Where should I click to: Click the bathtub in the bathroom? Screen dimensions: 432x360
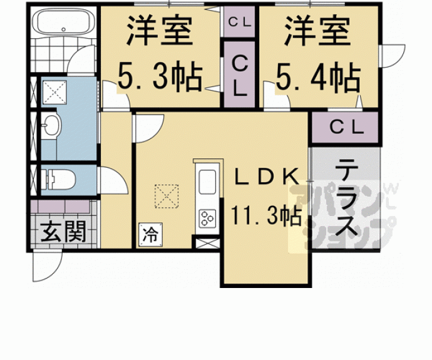pos(64,22)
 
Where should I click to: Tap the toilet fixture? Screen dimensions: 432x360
pos(59,180)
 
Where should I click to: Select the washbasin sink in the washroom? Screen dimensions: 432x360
pos(51,125)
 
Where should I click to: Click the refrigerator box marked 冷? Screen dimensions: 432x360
pos(150,235)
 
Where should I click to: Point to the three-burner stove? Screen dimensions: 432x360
pos(207,217)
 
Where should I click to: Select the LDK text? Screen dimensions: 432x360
pos(267,177)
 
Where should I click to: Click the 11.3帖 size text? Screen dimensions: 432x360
pos(265,215)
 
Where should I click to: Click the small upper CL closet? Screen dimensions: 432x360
pos(239,22)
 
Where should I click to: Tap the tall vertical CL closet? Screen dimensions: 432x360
pos(239,75)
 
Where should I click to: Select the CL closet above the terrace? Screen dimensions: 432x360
pos(345,127)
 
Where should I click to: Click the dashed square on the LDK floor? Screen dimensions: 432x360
pos(167,196)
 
